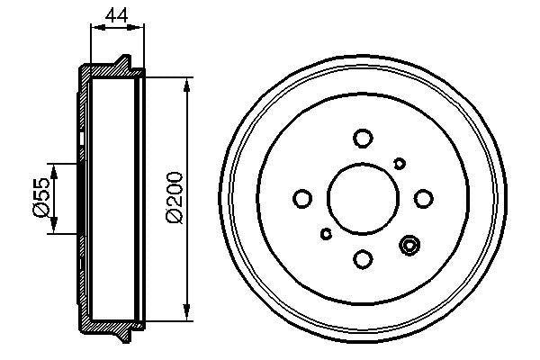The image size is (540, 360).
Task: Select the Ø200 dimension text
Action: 175,198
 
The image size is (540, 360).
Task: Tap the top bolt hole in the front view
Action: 363,138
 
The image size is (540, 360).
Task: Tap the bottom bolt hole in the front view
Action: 363,259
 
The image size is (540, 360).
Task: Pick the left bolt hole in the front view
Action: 302,198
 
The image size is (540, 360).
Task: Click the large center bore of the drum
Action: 363,198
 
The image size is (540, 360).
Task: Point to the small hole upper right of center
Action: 400,162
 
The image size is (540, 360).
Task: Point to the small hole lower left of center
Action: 326,234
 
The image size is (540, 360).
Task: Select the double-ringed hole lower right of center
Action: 410,245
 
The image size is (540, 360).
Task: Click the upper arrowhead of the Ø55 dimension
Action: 54,168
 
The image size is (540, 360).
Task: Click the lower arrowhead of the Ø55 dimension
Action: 54,227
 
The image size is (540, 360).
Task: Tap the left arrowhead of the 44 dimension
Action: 94,28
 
